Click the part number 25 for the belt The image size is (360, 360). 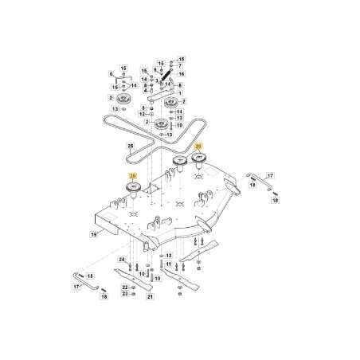coord(130,147)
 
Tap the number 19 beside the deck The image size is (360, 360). coord(94,234)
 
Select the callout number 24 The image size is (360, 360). coord(122,260)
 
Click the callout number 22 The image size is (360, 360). coord(124,286)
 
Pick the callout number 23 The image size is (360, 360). coord(124,293)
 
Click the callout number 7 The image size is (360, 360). coord(180,65)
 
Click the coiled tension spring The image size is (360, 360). coord(168,78)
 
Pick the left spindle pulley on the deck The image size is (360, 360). coord(131,186)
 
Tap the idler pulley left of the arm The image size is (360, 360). coord(123,97)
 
